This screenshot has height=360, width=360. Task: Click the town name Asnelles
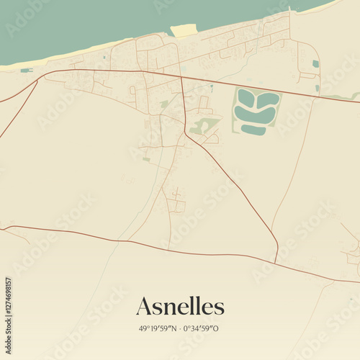point(180,306)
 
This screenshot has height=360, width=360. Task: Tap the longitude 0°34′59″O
point(201,328)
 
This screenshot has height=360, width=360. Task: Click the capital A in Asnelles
point(144,306)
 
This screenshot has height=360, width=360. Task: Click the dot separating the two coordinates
point(180,328)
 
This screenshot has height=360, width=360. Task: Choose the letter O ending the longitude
point(216,328)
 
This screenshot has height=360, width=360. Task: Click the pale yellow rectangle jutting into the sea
point(184,30)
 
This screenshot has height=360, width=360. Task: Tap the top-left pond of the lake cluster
point(246,97)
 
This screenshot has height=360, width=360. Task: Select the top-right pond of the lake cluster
point(268,99)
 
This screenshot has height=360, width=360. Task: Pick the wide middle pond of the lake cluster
point(256,114)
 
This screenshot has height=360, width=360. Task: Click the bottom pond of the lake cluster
point(253,130)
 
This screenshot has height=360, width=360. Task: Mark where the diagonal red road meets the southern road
point(276,261)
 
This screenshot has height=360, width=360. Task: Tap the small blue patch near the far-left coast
point(26,70)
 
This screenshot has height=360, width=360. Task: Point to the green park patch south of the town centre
point(202,127)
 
